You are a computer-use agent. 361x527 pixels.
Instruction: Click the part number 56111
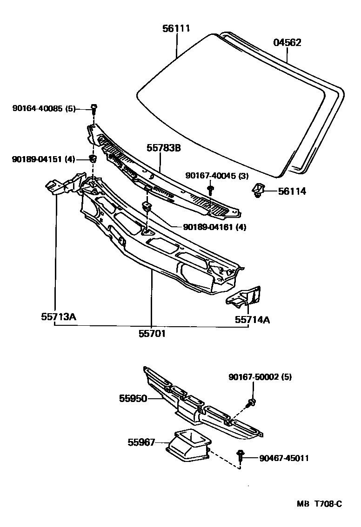176,29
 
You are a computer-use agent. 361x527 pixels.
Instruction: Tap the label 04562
287,43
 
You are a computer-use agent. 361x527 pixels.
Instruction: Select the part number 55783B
164,148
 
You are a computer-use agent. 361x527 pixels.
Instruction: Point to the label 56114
292,191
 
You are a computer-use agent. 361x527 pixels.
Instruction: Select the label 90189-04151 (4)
44,159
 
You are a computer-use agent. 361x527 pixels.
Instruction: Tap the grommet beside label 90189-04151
93,159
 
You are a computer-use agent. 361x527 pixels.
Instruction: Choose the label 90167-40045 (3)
216,175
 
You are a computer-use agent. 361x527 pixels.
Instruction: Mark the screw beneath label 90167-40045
210,189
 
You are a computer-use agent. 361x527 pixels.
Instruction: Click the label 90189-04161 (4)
214,227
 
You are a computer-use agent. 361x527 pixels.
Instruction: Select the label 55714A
252,319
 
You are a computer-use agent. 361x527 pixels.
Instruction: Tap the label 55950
133,398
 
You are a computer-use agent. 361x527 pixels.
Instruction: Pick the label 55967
141,442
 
